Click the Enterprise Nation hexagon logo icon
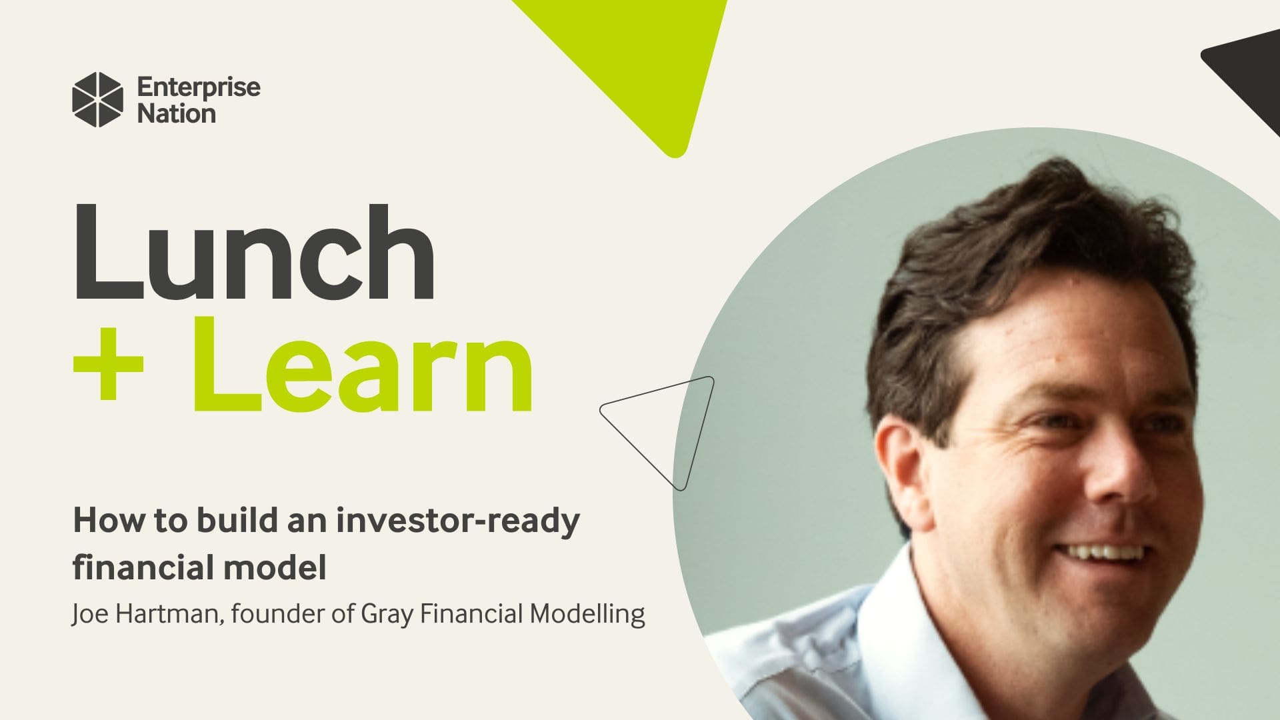[x=97, y=99]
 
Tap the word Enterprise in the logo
[x=198, y=87]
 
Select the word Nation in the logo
[x=176, y=114]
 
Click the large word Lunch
[x=253, y=253]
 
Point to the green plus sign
[x=108, y=365]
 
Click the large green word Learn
[x=363, y=365]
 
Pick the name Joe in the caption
[x=90, y=614]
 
